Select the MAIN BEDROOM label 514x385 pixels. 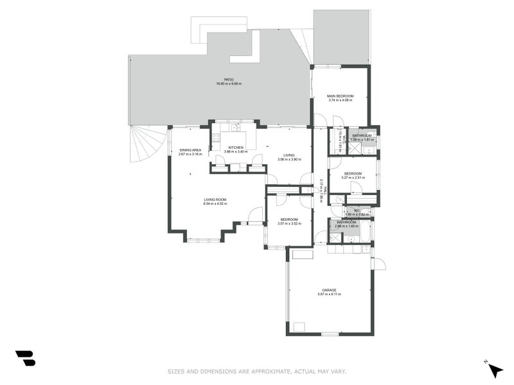pyautogui.click(x=341, y=96)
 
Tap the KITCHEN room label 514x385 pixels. pyautogui.click(x=236, y=148)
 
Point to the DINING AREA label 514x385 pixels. pyautogui.click(x=190, y=150)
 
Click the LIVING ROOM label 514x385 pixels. pyautogui.click(x=215, y=200)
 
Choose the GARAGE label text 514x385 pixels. pyautogui.click(x=329, y=289)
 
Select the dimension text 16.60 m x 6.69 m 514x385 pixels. pyautogui.click(x=228, y=84)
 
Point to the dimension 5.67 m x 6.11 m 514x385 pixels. pyautogui.click(x=329, y=294)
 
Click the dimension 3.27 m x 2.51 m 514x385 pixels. pyautogui.click(x=353, y=178)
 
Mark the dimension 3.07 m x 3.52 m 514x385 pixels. pyautogui.click(x=289, y=223)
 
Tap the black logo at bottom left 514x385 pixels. pyautogui.click(x=25, y=358)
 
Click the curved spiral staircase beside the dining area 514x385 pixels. pyautogui.click(x=148, y=145)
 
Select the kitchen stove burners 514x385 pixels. pyautogui.click(x=216, y=135)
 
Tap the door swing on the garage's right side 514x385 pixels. pyautogui.click(x=379, y=263)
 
